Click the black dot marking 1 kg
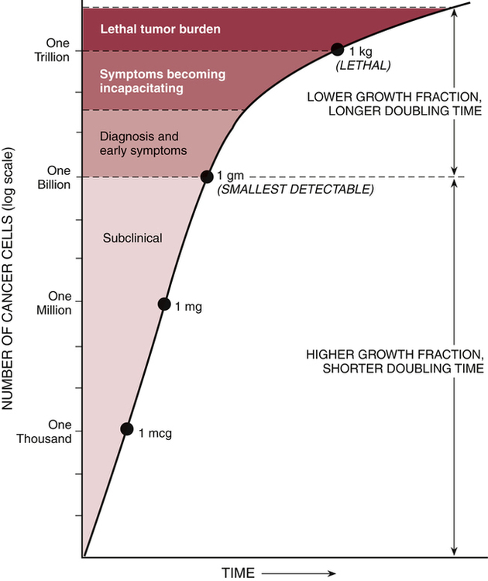(x=337, y=50)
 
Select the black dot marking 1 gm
(x=207, y=177)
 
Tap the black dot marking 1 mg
(x=164, y=304)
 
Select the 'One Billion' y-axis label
(x=54, y=177)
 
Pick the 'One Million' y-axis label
(x=54, y=304)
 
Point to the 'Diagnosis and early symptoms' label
(x=144, y=143)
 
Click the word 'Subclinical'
(x=132, y=238)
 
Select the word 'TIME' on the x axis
(x=239, y=572)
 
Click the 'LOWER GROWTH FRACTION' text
(x=395, y=97)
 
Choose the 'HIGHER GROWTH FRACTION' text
(x=394, y=353)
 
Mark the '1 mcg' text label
(x=155, y=433)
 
